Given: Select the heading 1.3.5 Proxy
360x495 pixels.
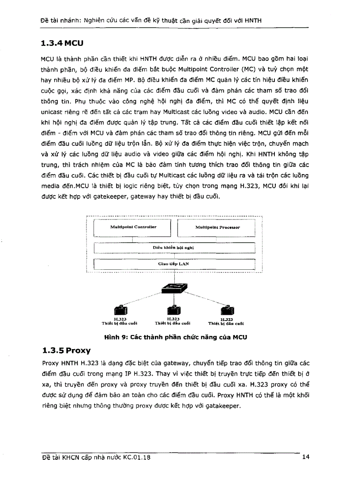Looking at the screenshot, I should pyautogui.click(x=65, y=350).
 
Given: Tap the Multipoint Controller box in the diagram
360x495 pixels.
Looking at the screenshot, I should pyautogui.click(x=133, y=227).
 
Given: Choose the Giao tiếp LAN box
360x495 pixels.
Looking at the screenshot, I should pyautogui.click(x=175, y=264).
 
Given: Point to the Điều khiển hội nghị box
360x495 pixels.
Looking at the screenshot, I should pyautogui.click(x=175, y=248).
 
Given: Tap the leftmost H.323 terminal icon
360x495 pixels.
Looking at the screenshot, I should pyautogui.click(x=120, y=310).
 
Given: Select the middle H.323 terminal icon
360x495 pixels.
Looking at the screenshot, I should pyautogui.click(x=173, y=310).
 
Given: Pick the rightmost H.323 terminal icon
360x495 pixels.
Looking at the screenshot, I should pyautogui.click(x=225, y=310).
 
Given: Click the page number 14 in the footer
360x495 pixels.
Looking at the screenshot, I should pyautogui.click(x=306, y=457).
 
